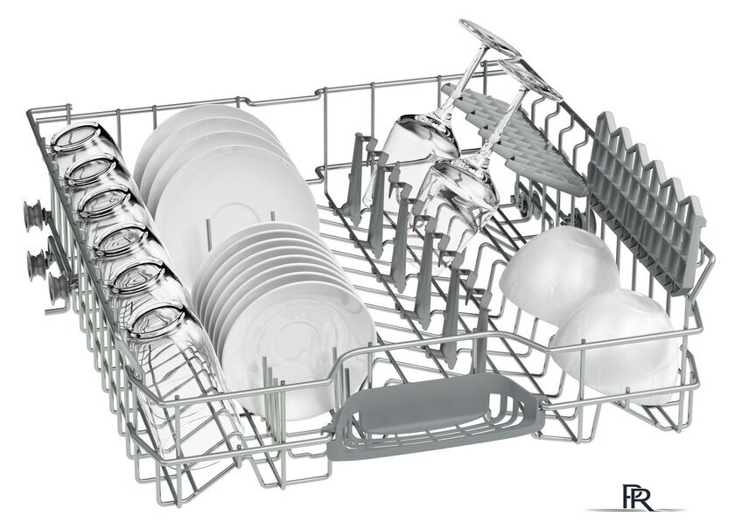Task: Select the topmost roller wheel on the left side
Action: pos(35,217)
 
